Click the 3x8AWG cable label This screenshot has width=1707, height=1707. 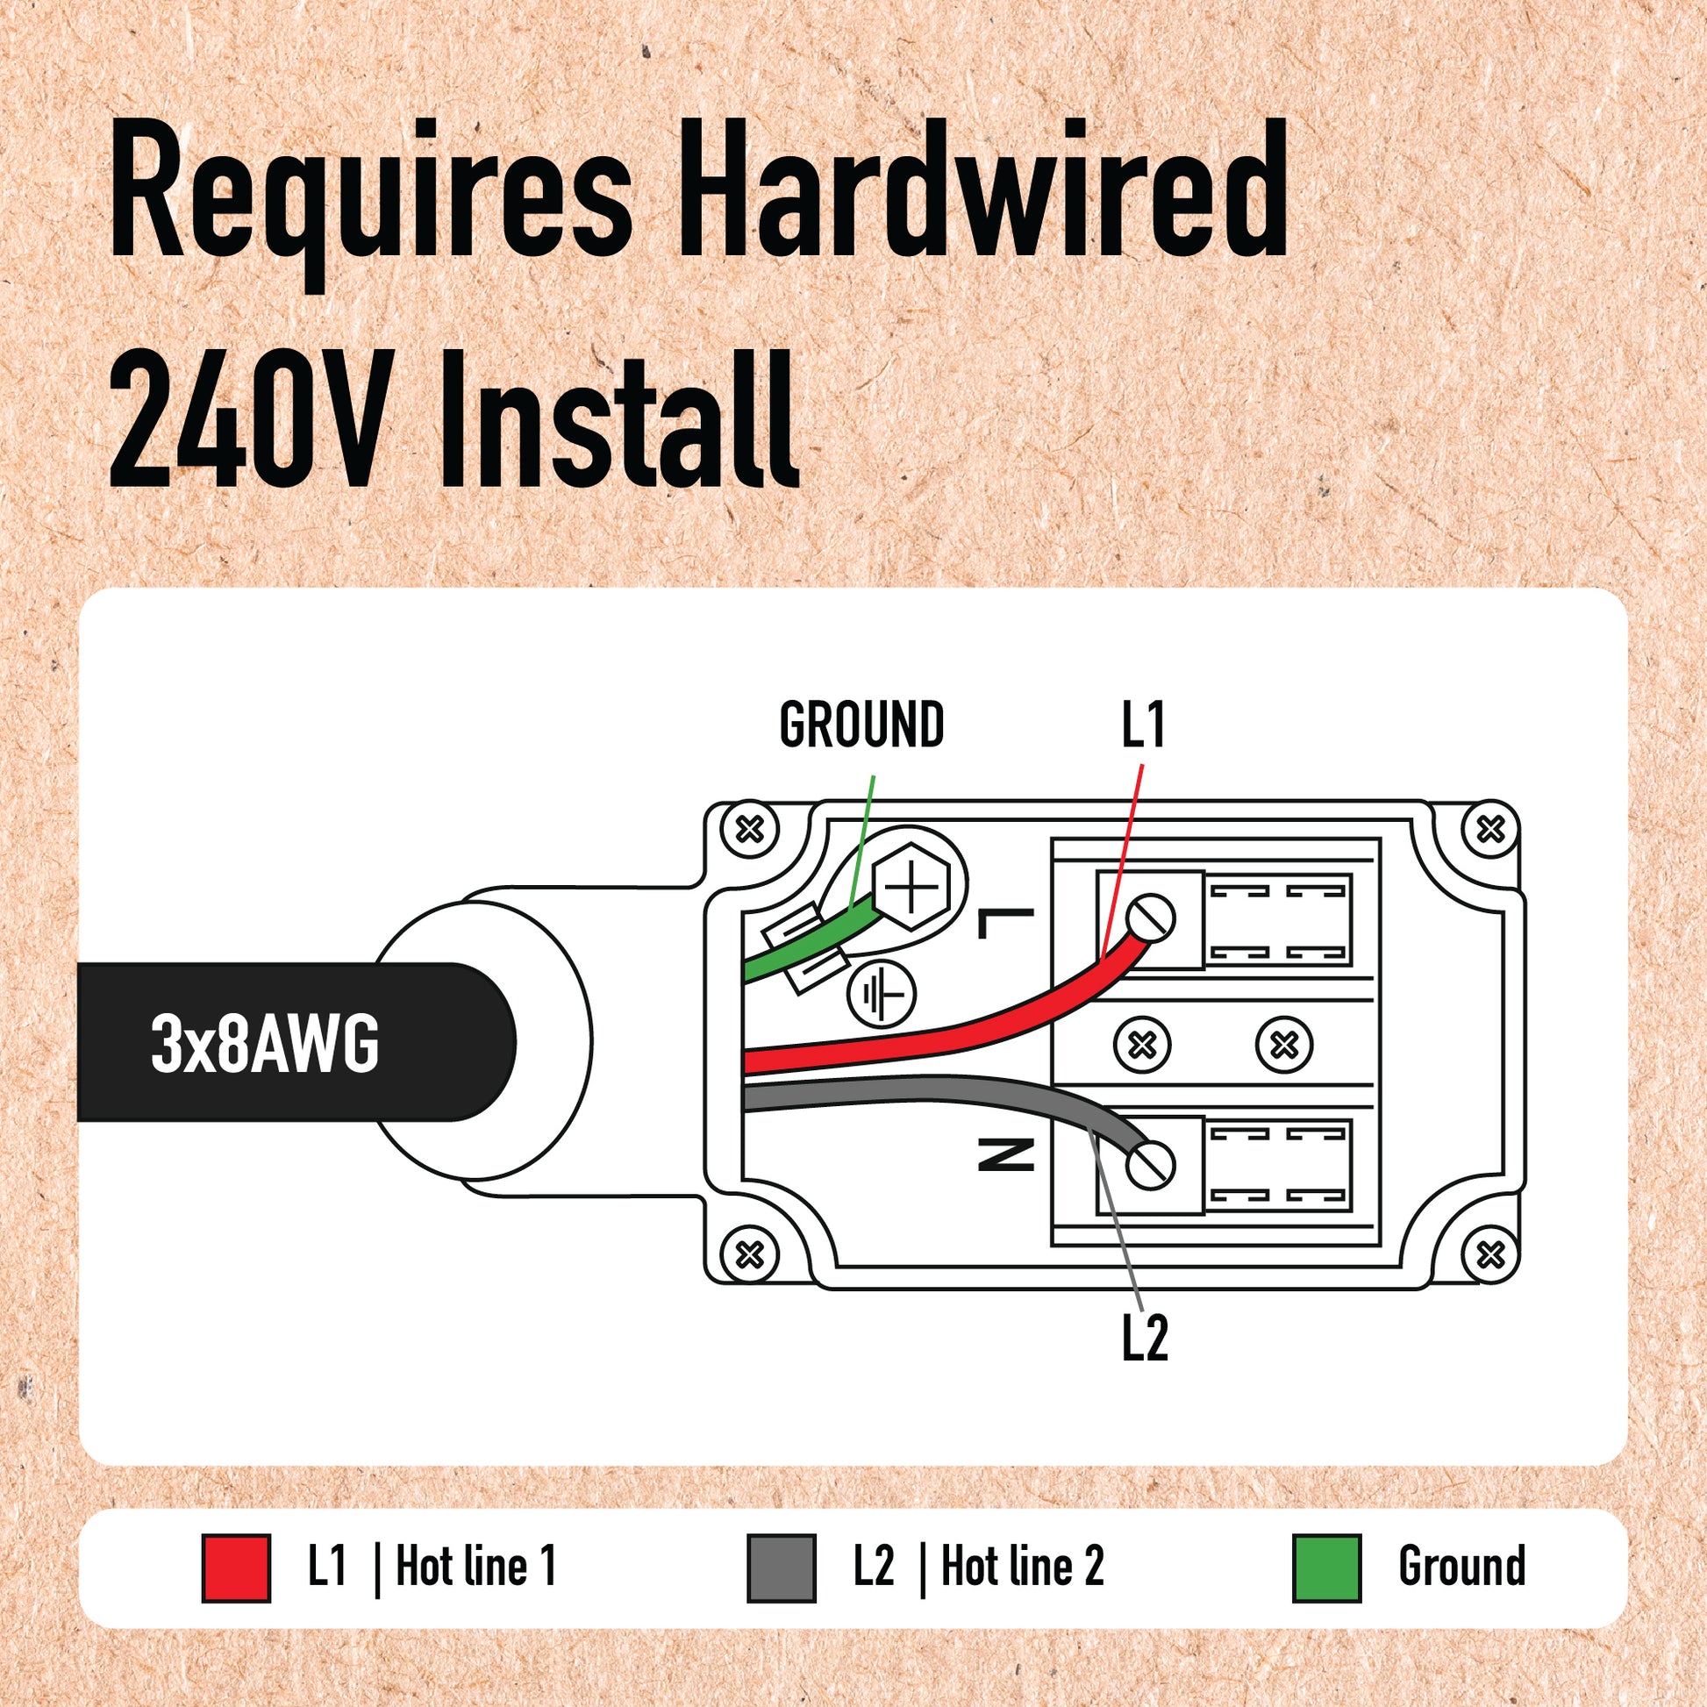pos(265,1044)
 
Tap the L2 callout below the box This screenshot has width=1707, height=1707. pos(1145,1339)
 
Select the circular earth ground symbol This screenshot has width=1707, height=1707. pos(882,995)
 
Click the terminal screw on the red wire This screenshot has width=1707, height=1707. pos(1150,918)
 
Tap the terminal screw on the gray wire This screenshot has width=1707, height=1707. pos(1150,1165)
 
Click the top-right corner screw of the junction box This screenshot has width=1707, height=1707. pos(1490,830)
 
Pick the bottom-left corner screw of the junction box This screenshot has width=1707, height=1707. pos(750,1253)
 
